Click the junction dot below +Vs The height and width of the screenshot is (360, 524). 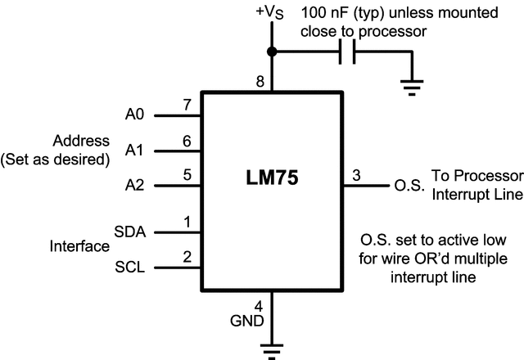273,52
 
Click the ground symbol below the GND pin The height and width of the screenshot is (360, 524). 273,350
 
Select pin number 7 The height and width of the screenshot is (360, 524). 187,106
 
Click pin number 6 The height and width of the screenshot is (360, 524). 187,142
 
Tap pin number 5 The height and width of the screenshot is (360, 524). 187,174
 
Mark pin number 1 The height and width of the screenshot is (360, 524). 187,222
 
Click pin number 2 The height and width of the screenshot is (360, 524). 187,257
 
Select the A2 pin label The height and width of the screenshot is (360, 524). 135,186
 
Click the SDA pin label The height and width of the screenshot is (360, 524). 131,232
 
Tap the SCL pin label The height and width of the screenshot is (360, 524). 131,268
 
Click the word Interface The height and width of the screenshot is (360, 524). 79,246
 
